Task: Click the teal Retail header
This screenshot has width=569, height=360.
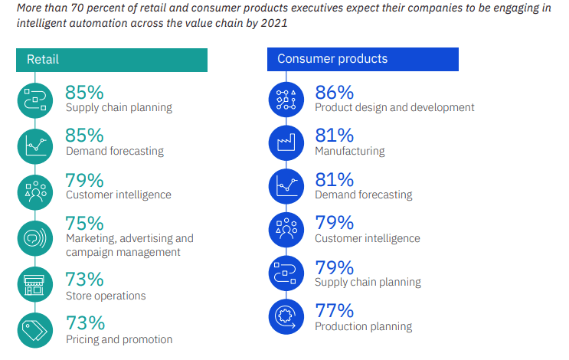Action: pyautogui.click(x=112, y=60)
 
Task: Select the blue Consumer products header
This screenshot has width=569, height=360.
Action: pyautogui.click(x=362, y=59)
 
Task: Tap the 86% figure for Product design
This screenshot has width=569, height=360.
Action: pyautogui.click(x=335, y=93)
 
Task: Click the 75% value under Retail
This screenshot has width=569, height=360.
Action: pyautogui.click(x=84, y=223)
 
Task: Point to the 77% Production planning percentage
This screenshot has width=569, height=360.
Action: pyautogui.click(x=335, y=311)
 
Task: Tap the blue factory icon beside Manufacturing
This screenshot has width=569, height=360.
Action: pyautogui.click(x=286, y=142)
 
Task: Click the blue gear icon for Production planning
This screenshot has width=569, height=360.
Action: pyautogui.click(x=286, y=317)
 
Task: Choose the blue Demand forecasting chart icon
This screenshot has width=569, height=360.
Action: pyautogui.click(x=286, y=186)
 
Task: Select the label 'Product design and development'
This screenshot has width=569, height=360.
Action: pyautogui.click(x=394, y=107)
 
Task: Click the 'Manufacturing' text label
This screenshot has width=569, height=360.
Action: pyautogui.click(x=349, y=151)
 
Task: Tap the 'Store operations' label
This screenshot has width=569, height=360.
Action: pyautogui.click(x=105, y=296)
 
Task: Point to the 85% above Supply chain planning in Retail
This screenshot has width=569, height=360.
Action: pyautogui.click(x=84, y=93)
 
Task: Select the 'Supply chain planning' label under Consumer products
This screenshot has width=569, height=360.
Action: pyautogui.click(x=368, y=283)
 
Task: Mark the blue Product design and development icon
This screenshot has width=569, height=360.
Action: pyautogui.click(x=286, y=100)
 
